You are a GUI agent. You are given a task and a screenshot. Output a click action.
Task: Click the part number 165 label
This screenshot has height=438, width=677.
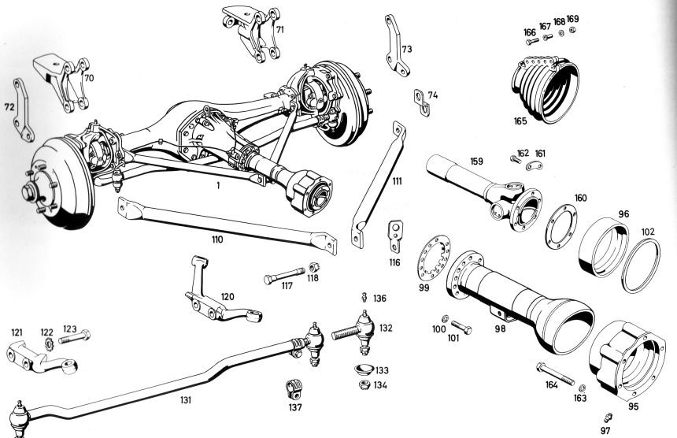click(x=521, y=121)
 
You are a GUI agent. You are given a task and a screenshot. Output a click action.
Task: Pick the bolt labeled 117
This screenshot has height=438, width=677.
click(x=283, y=277)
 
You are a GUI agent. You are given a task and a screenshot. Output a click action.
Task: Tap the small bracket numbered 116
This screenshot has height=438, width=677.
click(x=394, y=234)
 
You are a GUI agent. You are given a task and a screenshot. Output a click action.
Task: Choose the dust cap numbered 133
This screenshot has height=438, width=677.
click(x=363, y=369)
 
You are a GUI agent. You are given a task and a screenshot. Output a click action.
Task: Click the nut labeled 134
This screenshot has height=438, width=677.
click(x=364, y=384)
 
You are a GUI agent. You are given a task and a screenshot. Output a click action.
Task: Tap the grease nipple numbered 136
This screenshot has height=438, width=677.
click(x=364, y=298)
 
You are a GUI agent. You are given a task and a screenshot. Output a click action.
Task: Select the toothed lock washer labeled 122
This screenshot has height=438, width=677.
click(x=46, y=343)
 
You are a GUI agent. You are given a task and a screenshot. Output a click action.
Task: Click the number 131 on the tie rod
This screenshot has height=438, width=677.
click(x=185, y=399)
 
